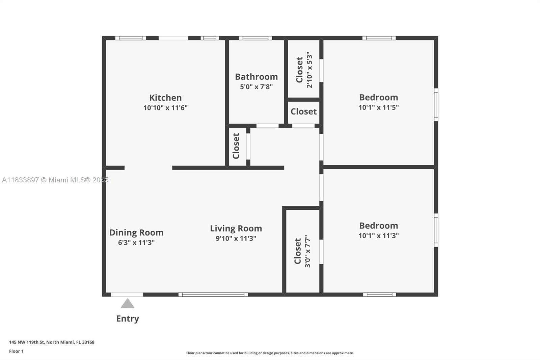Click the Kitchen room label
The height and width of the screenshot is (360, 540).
pos(165,98)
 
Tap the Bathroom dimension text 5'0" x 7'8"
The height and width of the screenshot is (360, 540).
pos(256,86)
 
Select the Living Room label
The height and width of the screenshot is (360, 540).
pos(236,229)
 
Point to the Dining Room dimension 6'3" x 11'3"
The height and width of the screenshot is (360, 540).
pos(136,242)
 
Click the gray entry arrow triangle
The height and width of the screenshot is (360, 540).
pos(128,304)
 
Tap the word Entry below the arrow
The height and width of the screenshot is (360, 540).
pos(128,319)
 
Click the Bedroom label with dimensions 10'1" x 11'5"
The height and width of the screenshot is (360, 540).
pos(378,98)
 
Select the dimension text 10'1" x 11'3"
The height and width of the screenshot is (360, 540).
pos(378,235)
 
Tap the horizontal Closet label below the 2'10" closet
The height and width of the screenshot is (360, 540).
pos(303,111)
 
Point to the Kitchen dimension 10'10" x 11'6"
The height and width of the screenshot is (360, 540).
pos(165,108)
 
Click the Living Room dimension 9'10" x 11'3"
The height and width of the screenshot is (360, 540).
pos(236,238)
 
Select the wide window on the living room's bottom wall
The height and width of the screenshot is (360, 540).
pos(213,294)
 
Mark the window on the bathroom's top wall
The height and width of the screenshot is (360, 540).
pos(255,38)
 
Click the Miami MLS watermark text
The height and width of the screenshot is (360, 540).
pos(55,180)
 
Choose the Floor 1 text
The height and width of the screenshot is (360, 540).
pos(16,351)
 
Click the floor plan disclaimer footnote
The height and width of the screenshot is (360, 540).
pos(270,353)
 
